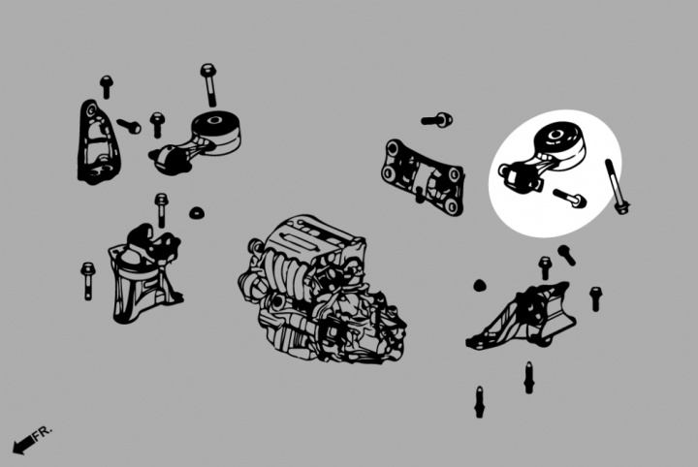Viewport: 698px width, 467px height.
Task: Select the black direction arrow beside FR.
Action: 23,445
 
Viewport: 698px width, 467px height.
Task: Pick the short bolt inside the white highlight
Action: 569,198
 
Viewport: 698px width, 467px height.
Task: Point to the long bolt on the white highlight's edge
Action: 617,186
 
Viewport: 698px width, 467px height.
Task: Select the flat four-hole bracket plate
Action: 423,177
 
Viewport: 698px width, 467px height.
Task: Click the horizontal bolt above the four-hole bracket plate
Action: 436,119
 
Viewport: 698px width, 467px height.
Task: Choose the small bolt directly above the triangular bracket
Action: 106,86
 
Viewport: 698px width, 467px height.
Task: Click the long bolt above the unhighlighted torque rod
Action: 208,84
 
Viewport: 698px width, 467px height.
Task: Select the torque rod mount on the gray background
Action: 195,142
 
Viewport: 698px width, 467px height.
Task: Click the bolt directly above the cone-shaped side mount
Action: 161,210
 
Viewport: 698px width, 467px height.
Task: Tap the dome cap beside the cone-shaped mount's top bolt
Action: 196,212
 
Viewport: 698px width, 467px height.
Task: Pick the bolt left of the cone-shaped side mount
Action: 87,281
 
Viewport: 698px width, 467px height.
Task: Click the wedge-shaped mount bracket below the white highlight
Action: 521,316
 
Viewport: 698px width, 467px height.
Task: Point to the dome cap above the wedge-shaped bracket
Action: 479,286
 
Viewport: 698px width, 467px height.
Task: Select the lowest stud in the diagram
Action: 479,402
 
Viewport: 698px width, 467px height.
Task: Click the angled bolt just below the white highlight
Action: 567,255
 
